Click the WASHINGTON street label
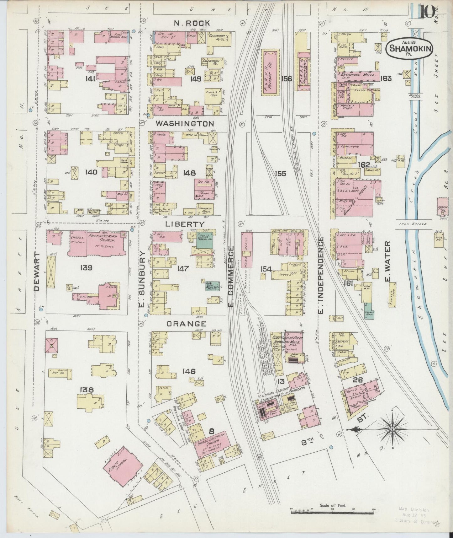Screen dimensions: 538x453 (185, 124)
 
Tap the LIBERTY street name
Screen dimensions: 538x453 (185, 224)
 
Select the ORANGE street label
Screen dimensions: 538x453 (186, 324)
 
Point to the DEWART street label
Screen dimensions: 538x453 (37, 271)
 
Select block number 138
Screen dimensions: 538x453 (87, 390)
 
